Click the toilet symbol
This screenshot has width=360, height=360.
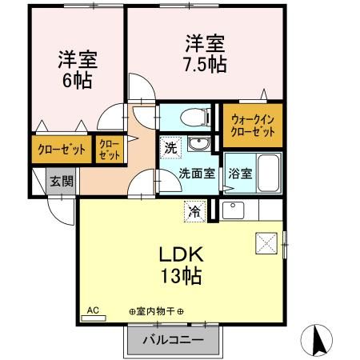click(195, 117)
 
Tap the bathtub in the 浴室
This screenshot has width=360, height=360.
click(269, 173)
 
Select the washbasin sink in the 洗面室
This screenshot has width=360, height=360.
click(199, 144)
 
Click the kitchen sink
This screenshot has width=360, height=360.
click(233, 210)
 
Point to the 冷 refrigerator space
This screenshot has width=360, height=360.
click(195, 211)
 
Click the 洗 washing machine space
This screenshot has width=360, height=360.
click(170, 147)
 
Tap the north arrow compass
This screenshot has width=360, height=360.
click(317, 341)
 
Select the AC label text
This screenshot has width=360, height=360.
click(93, 310)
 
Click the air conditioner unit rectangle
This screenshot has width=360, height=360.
click(94, 318)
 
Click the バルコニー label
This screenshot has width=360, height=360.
click(173, 340)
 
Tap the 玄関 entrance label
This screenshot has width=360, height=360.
click(62, 182)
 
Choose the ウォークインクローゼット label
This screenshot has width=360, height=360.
click(253, 126)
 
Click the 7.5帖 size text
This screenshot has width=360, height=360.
click(205, 64)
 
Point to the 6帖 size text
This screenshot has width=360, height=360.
click(78, 80)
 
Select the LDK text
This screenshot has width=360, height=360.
click(182, 254)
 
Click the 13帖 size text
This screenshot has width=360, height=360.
click(182, 276)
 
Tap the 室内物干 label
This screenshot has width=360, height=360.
click(156, 311)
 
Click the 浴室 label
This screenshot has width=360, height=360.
click(240, 174)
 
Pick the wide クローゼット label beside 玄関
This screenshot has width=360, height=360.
click(62, 150)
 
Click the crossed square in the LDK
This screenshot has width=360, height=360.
click(266, 243)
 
